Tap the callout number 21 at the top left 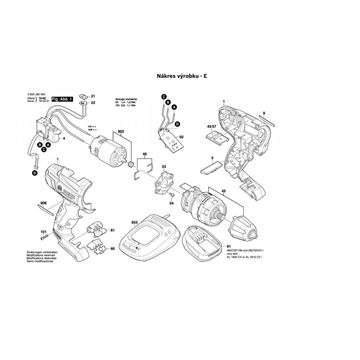click(91, 96)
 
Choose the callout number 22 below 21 click(91, 106)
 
